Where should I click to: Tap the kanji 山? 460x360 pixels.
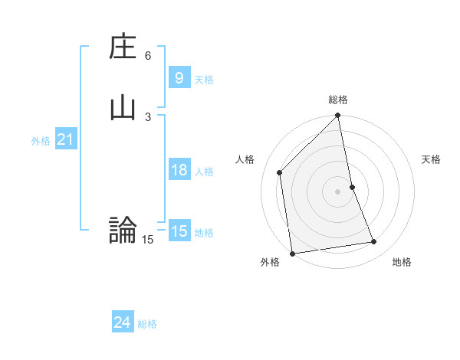click(x=123, y=106)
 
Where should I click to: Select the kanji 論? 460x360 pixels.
click(x=123, y=230)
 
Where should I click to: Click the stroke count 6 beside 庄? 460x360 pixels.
click(x=148, y=56)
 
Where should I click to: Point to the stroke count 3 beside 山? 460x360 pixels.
click(x=148, y=116)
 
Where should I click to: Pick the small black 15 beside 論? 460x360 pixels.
click(x=148, y=240)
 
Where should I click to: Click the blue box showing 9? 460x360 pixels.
click(x=179, y=77)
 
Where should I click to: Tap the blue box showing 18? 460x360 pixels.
click(x=179, y=170)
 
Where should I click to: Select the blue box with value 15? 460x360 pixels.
click(x=179, y=231)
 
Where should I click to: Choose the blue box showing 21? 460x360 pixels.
click(x=65, y=139)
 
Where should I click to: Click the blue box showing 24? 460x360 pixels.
click(x=122, y=322)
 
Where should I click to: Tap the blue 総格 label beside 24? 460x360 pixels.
click(x=147, y=324)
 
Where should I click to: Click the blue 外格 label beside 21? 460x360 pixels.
click(x=41, y=141)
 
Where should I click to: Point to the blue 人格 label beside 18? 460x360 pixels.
click(x=205, y=172)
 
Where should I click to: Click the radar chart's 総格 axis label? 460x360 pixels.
click(x=338, y=100)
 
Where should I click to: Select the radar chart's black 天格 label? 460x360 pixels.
click(x=431, y=159)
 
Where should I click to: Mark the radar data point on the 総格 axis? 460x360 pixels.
click(x=338, y=116)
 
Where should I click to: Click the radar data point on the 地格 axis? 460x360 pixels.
click(x=374, y=242)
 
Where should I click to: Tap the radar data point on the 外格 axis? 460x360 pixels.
click(x=292, y=254)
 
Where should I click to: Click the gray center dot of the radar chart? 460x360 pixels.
click(x=338, y=191)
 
